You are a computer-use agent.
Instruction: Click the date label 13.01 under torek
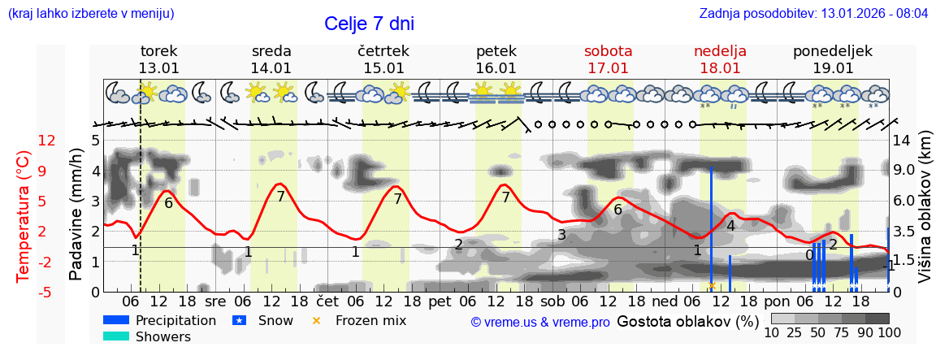pyautogui.click(x=158, y=68)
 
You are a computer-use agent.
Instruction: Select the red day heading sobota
pyautogui.click(x=608, y=51)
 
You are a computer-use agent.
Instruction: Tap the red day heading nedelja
pyautogui.click(x=720, y=51)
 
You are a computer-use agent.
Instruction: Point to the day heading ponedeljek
pyautogui.click(x=833, y=51)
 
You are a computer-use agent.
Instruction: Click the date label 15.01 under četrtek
pyautogui.click(x=383, y=68)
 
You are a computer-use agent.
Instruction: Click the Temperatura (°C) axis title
pyautogui.click(x=24, y=216)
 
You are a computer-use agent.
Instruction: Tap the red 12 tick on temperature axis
pyautogui.click(x=46, y=141)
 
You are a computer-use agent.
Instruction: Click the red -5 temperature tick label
pyautogui.click(x=46, y=292)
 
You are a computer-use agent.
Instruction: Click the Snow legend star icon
pyautogui.click(x=239, y=320)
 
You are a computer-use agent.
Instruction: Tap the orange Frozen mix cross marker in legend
pyautogui.click(x=316, y=320)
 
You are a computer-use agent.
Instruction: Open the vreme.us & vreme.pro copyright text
pyautogui.click(x=540, y=322)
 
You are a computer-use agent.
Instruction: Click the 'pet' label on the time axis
pyautogui.click(x=440, y=301)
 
